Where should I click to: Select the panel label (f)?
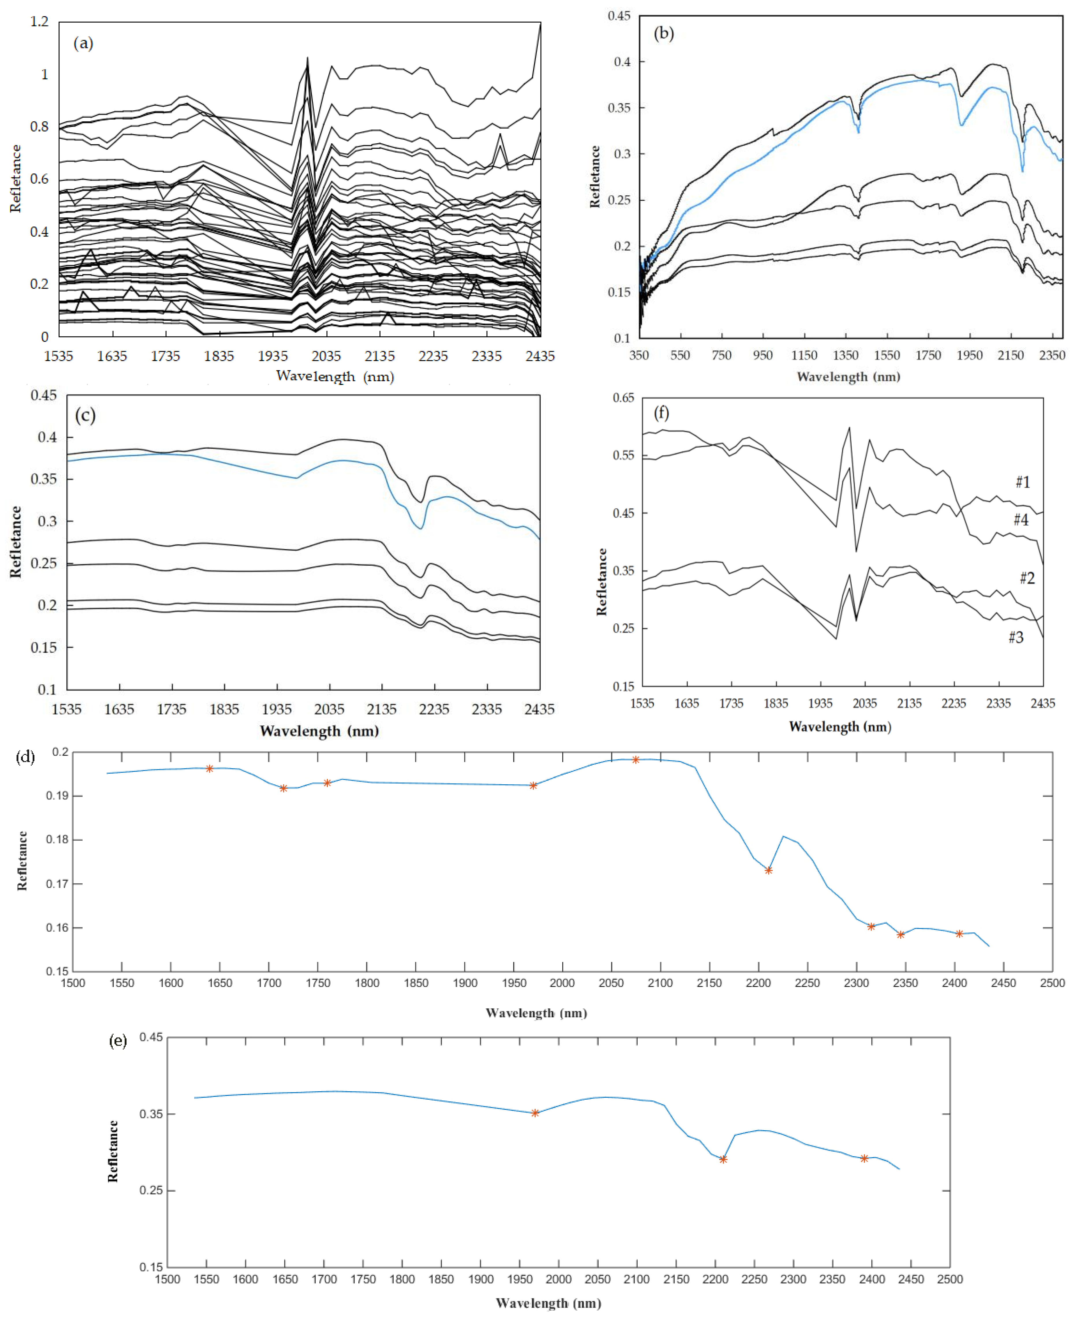(x=661, y=412)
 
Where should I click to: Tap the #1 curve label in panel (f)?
(x=1023, y=482)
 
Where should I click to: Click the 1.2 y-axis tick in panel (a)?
(x=39, y=22)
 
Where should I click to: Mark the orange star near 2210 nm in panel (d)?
(x=768, y=870)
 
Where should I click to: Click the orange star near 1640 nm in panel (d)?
(x=210, y=769)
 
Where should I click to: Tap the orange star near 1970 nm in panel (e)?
(x=535, y=1113)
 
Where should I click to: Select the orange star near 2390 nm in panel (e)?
(x=864, y=1158)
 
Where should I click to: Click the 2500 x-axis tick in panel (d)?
(x=1052, y=983)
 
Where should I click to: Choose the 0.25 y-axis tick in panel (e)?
(x=151, y=1190)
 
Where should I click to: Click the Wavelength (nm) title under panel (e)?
(x=548, y=1303)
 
